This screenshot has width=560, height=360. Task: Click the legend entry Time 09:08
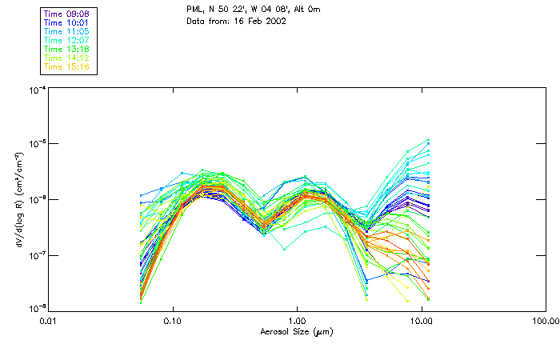(x=67, y=14)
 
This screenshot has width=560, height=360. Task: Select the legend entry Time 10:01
(x=67, y=22)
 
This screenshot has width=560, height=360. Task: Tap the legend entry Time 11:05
(x=67, y=31)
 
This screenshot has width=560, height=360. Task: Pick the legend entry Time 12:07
(x=67, y=40)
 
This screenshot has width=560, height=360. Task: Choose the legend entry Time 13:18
(x=67, y=49)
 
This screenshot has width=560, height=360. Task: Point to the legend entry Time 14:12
(x=67, y=58)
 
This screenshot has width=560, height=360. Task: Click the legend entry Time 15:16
(x=67, y=66)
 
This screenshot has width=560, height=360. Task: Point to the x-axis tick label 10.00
(x=421, y=321)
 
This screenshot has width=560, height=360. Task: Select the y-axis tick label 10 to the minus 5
(x=36, y=144)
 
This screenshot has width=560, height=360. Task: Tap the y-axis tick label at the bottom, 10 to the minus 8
(x=36, y=309)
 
